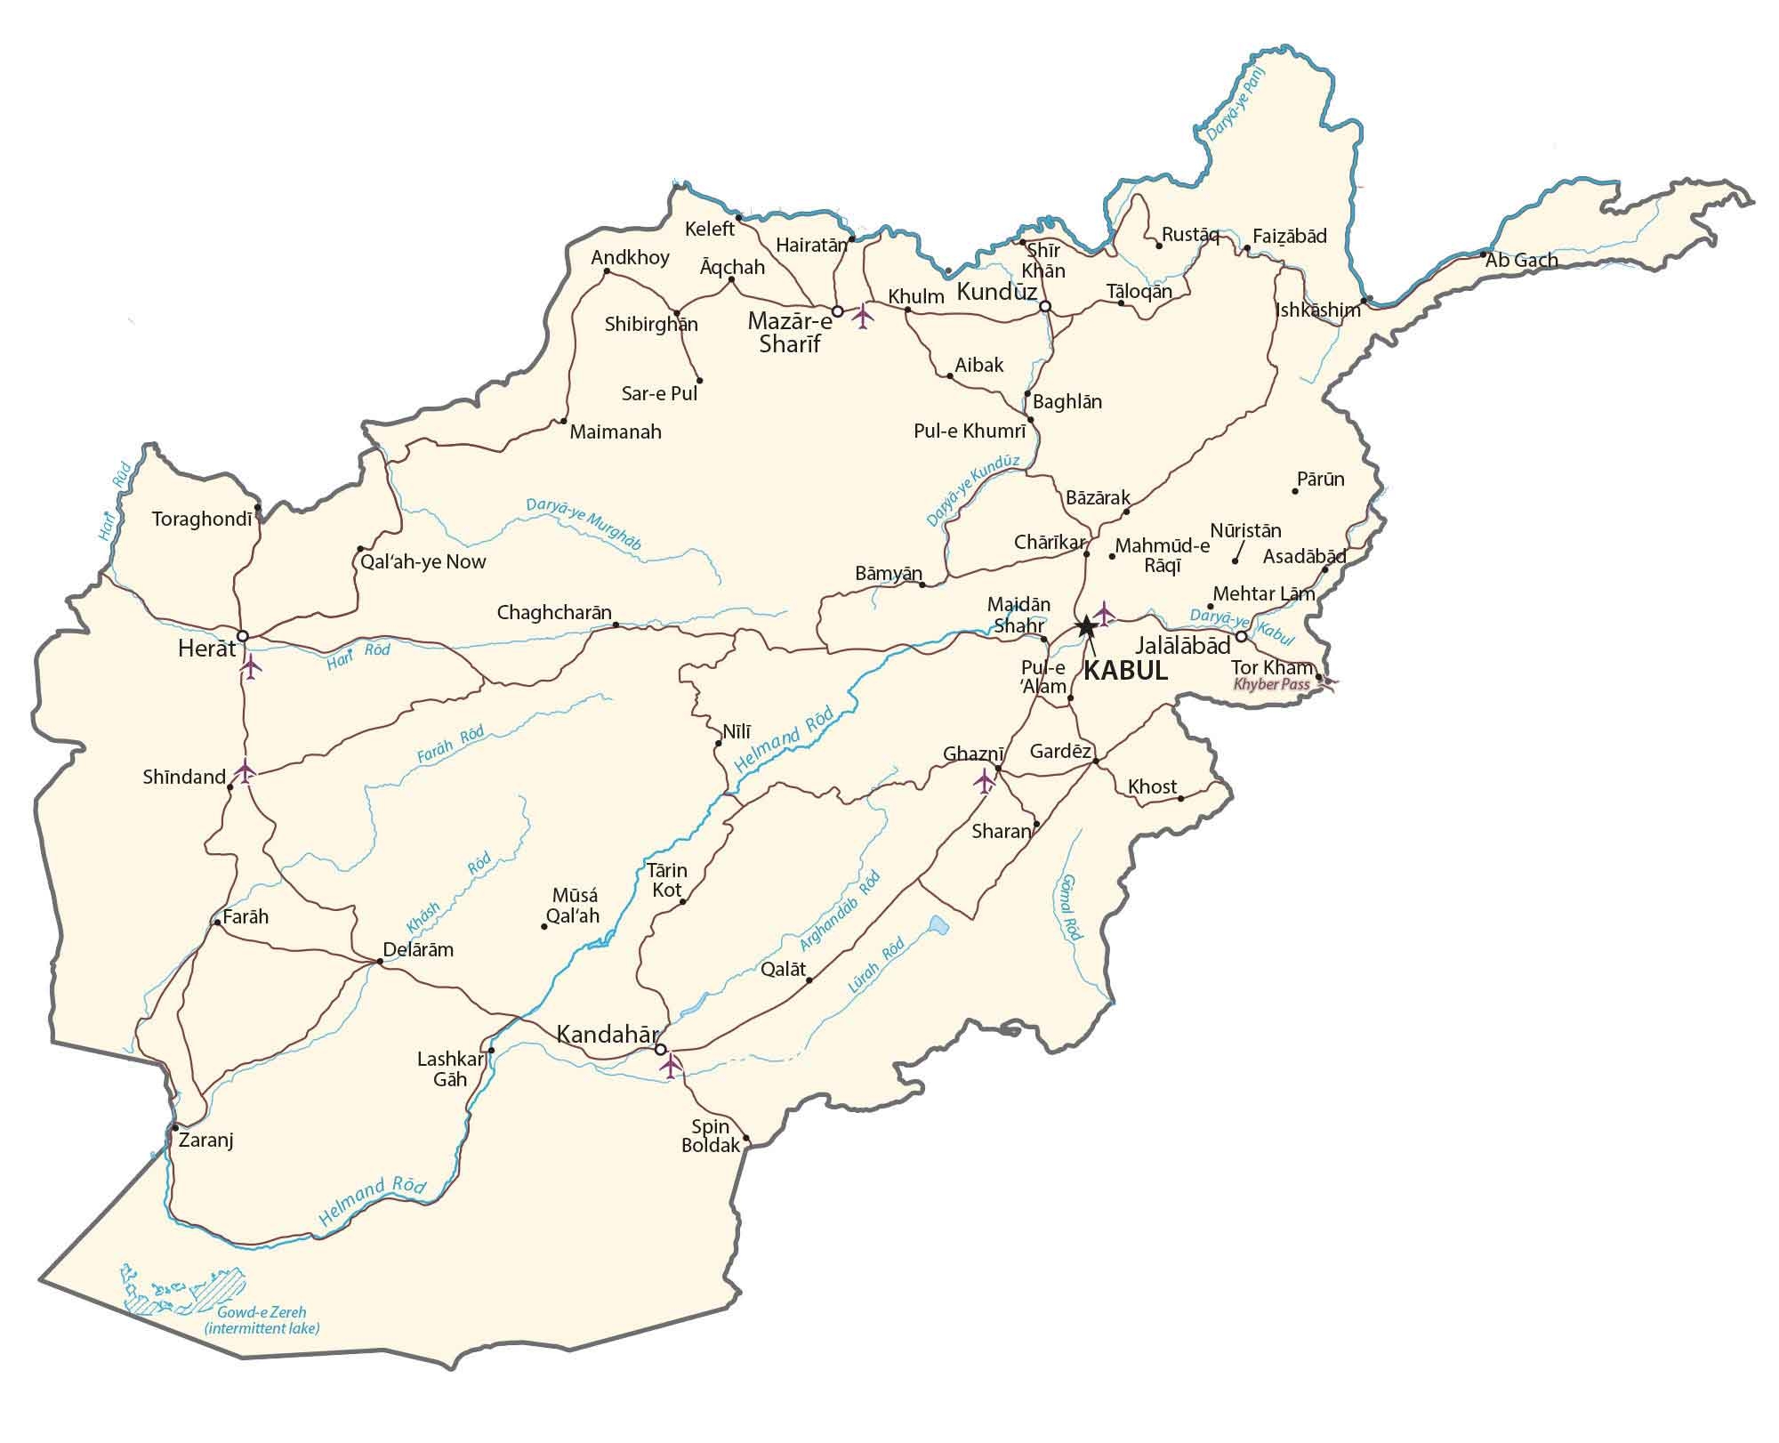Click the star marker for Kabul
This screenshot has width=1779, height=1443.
pos(1085,626)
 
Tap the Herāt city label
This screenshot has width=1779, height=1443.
pos(206,649)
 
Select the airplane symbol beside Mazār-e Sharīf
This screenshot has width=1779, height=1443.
pos(862,316)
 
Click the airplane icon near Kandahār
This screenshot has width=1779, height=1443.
pos(671,1063)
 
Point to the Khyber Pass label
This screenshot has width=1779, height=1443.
pos(1271,684)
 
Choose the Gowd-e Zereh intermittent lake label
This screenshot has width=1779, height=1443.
pos(262,1320)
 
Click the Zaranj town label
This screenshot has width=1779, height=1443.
pos(206,1140)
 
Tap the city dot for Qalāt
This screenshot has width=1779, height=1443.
pos(809,980)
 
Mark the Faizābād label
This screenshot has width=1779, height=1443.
pos(1289,237)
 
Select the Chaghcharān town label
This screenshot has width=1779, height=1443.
pos(554,612)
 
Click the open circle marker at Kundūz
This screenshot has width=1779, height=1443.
pos(1045,306)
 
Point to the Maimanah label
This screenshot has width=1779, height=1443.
pos(616,432)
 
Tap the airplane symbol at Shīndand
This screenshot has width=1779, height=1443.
pos(244,771)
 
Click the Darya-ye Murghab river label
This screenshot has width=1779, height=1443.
pos(583,523)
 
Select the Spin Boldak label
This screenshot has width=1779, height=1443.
pos(711,1136)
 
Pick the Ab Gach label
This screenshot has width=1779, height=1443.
pos(1522,261)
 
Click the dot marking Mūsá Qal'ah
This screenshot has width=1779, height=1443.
pos(544,927)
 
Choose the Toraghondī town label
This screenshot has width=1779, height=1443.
pos(202,519)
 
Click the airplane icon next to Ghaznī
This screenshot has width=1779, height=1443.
pos(984,781)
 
